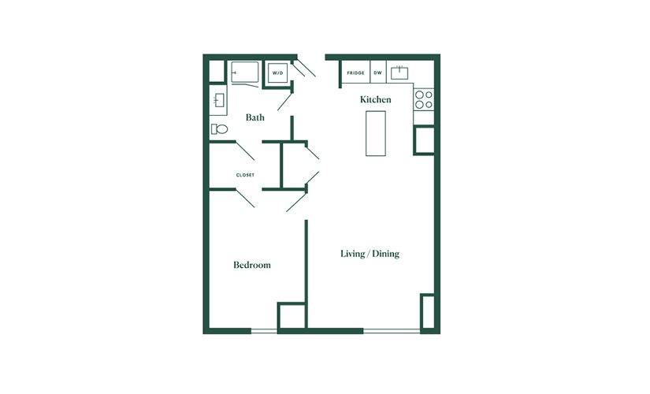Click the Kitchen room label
click(375, 99)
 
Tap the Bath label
click(255, 117)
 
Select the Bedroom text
click(252, 265)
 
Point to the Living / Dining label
click(370, 254)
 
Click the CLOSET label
click(245, 175)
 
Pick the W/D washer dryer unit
click(277, 73)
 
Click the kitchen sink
click(399, 73)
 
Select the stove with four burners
click(424, 99)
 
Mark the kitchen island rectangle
click(376, 133)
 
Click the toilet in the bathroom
click(219, 129)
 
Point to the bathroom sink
click(219, 100)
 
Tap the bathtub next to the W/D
click(244, 72)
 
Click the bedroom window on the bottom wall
click(264, 330)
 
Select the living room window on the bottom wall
click(392, 330)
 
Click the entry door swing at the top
click(305, 67)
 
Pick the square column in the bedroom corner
click(292, 316)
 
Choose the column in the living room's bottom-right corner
click(427, 311)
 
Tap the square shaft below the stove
click(424, 140)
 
